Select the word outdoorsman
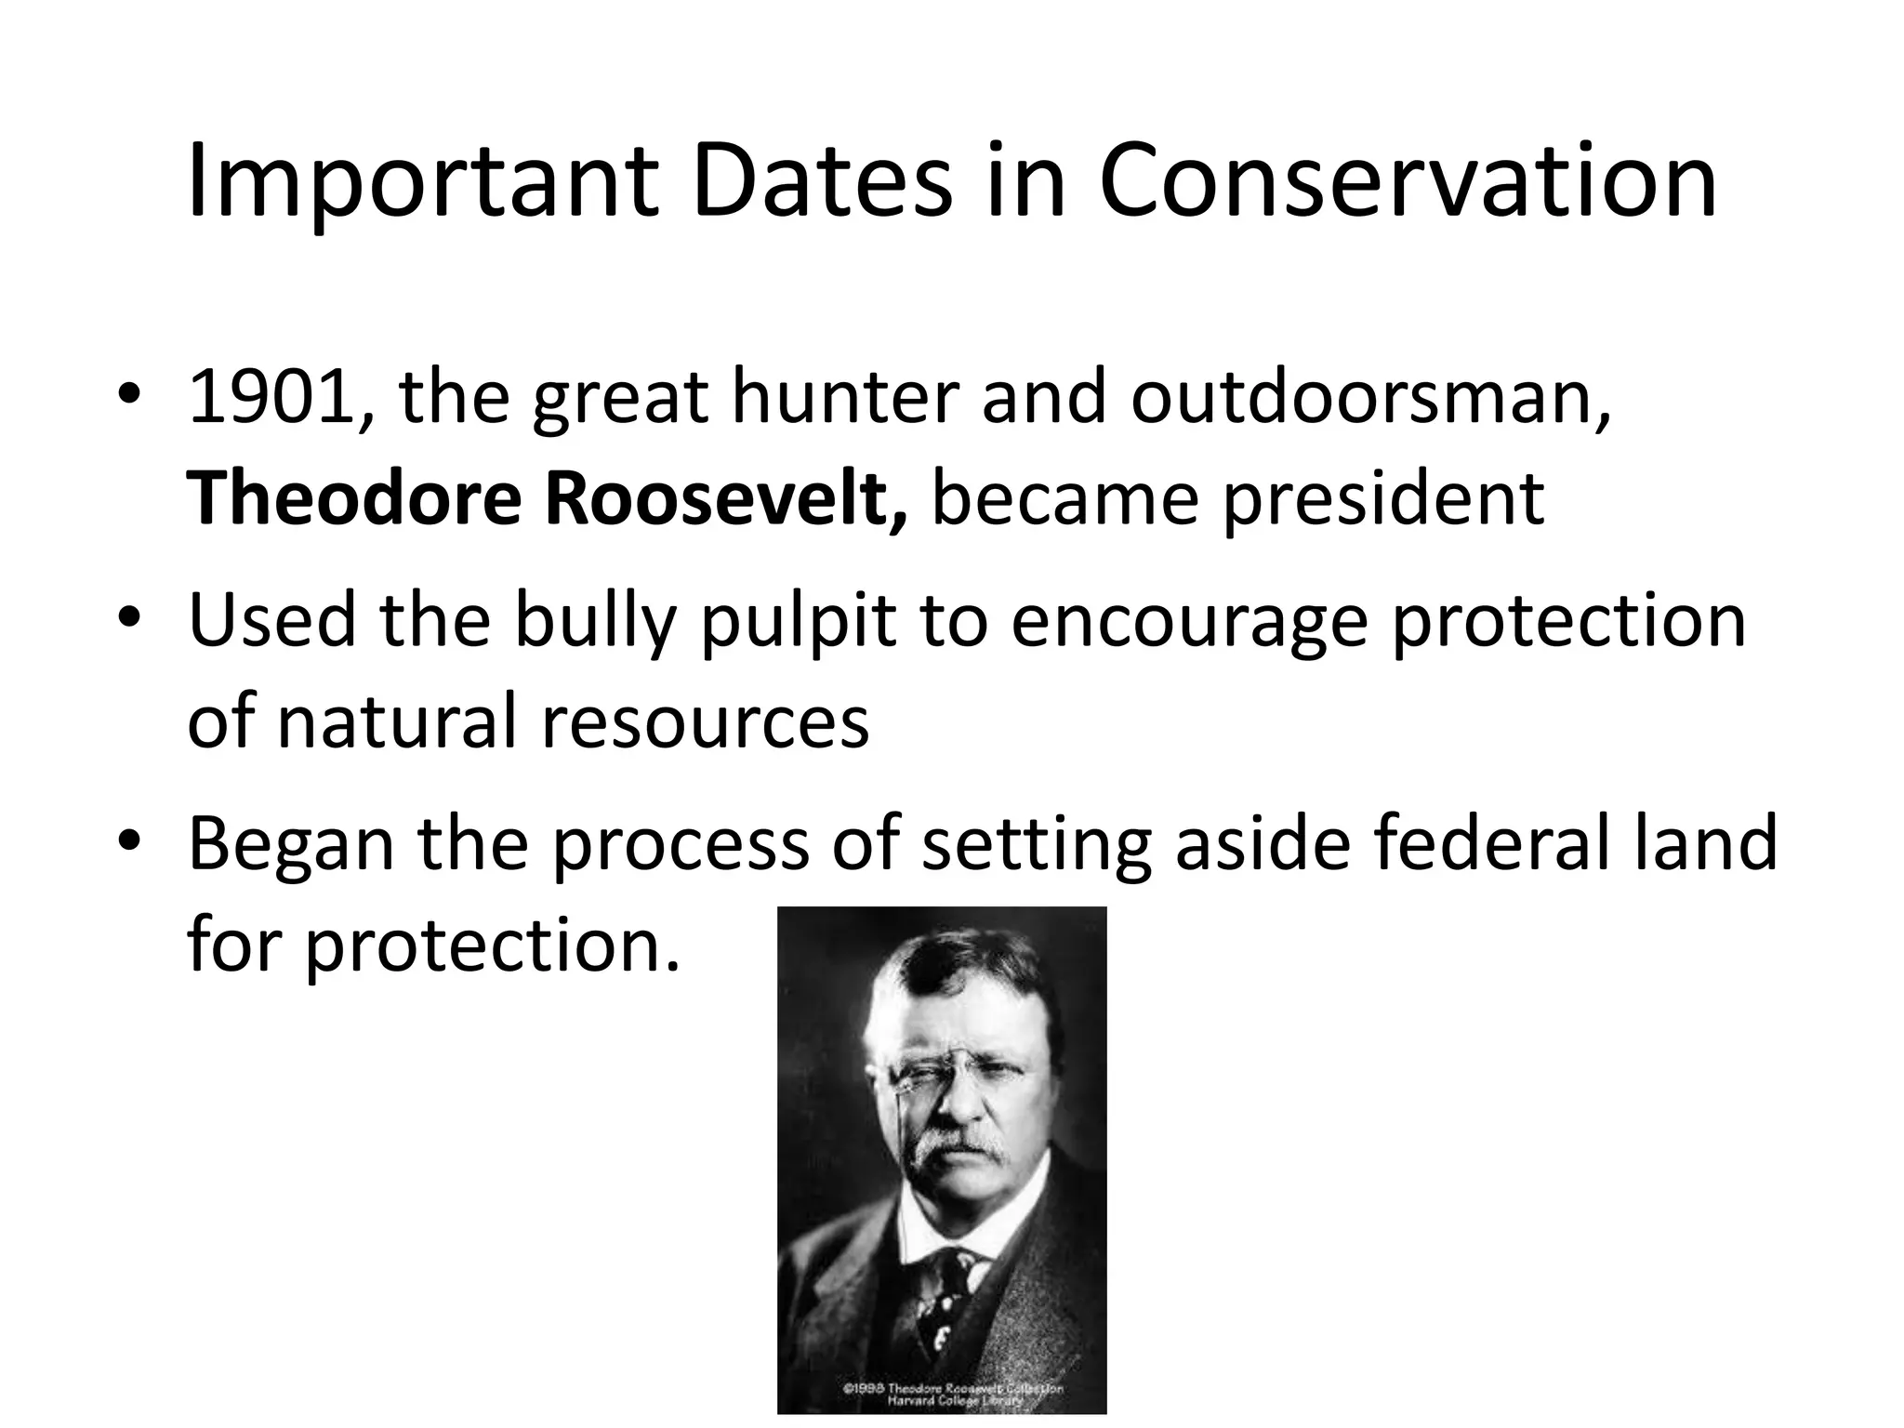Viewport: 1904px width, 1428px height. (1371, 398)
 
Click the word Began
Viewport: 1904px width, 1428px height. (292, 843)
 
